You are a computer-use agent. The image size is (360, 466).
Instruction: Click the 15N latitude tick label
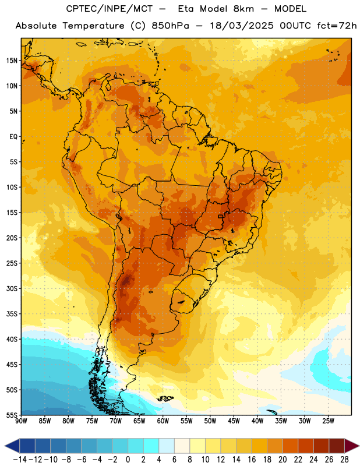(x=12, y=61)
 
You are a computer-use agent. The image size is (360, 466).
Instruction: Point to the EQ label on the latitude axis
(x=13, y=137)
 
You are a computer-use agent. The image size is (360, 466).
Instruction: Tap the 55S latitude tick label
(x=12, y=415)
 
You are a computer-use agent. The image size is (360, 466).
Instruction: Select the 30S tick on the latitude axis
(x=12, y=288)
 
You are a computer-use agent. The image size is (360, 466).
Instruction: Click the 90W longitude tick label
(x=21, y=421)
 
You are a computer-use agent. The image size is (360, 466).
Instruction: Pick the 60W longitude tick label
(x=163, y=421)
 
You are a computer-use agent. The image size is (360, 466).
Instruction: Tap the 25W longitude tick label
(x=328, y=421)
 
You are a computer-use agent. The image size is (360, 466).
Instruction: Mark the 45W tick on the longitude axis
(x=234, y=421)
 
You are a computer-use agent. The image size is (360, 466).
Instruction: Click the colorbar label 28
(x=344, y=460)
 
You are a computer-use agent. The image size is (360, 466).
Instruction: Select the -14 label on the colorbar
(x=20, y=460)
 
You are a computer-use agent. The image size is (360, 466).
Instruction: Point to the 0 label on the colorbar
(x=128, y=460)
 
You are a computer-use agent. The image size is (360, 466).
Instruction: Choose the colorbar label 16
(x=252, y=460)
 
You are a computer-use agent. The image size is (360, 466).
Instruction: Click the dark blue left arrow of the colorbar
(x=12, y=446)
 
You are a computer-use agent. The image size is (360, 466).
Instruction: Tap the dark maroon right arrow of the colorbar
(x=352, y=446)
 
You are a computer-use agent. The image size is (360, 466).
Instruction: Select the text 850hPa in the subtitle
(x=170, y=26)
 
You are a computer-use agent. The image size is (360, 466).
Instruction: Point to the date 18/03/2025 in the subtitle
(x=242, y=26)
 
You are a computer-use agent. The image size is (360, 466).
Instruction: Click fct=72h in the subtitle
(x=337, y=26)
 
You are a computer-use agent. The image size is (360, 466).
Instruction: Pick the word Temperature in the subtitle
(x=93, y=26)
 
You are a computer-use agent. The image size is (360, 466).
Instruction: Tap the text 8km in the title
(x=243, y=9)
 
